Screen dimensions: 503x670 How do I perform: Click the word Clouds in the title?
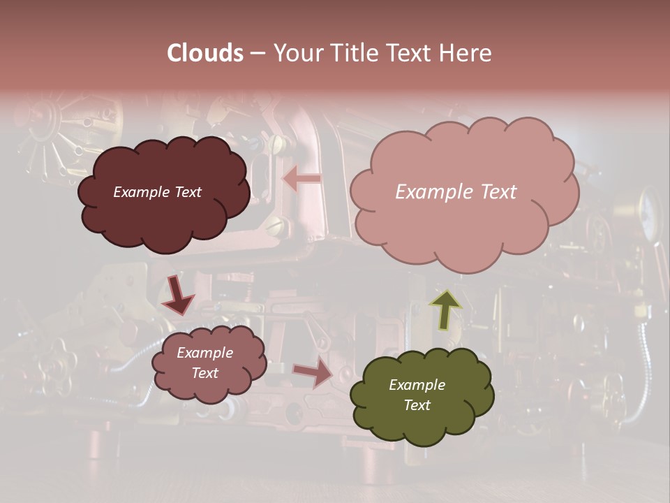(205, 53)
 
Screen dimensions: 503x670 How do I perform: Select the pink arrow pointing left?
(301, 179)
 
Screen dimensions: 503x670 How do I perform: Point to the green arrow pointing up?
(445, 309)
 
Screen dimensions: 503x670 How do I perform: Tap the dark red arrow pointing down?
(177, 295)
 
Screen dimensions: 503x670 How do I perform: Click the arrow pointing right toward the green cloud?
(313, 372)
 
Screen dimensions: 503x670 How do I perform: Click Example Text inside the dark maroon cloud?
(157, 192)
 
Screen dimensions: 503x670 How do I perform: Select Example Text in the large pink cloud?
(456, 192)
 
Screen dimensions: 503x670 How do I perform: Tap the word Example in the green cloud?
(417, 385)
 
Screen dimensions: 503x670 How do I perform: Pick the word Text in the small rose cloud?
(205, 373)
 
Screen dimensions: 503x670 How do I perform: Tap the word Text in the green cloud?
(417, 405)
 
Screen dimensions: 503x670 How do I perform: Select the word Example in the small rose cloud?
(205, 353)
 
